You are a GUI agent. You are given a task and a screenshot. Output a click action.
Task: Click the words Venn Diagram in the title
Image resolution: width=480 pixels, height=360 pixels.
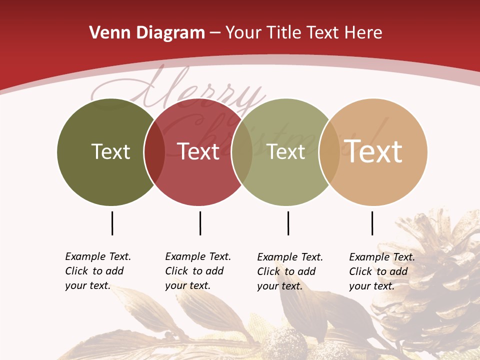point(147,33)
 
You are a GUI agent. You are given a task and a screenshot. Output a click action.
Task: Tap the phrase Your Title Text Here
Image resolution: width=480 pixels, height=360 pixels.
point(303,33)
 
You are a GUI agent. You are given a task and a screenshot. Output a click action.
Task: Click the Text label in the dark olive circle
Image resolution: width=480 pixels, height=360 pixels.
point(110,151)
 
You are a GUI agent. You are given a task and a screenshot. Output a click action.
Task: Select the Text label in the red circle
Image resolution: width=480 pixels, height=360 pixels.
point(198,151)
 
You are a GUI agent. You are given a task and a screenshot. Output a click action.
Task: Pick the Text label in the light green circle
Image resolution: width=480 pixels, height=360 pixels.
point(286,151)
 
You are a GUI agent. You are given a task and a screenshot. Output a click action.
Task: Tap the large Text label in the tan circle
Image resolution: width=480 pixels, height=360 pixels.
point(373,151)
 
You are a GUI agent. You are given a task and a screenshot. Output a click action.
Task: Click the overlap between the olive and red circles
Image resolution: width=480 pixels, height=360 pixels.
point(154,152)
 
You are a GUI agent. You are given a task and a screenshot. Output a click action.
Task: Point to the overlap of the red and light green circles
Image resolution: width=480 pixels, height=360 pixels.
point(242,152)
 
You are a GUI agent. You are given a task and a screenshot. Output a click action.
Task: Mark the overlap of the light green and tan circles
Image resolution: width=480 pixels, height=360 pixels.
point(329,152)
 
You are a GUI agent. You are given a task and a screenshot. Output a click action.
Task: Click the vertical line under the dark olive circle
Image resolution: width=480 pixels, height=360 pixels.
point(112,223)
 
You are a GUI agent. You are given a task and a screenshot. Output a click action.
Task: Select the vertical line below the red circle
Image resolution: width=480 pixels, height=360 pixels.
point(200,223)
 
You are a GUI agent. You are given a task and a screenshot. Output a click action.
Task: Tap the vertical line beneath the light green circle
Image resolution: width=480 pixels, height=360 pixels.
point(288,223)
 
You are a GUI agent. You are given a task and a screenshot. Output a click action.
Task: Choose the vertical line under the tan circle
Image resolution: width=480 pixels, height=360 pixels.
point(372,223)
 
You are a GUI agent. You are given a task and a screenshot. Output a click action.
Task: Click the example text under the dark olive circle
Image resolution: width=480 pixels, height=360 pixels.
point(98,271)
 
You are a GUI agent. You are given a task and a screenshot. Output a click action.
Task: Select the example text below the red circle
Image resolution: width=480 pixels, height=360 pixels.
point(198,271)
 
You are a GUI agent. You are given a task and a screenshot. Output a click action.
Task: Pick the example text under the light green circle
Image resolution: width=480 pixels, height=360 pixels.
point(290,271)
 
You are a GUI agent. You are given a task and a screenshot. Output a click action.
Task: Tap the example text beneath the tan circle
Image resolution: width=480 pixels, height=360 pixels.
point(382,271)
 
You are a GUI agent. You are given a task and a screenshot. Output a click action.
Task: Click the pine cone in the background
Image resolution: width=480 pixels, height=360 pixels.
point(435,280)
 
